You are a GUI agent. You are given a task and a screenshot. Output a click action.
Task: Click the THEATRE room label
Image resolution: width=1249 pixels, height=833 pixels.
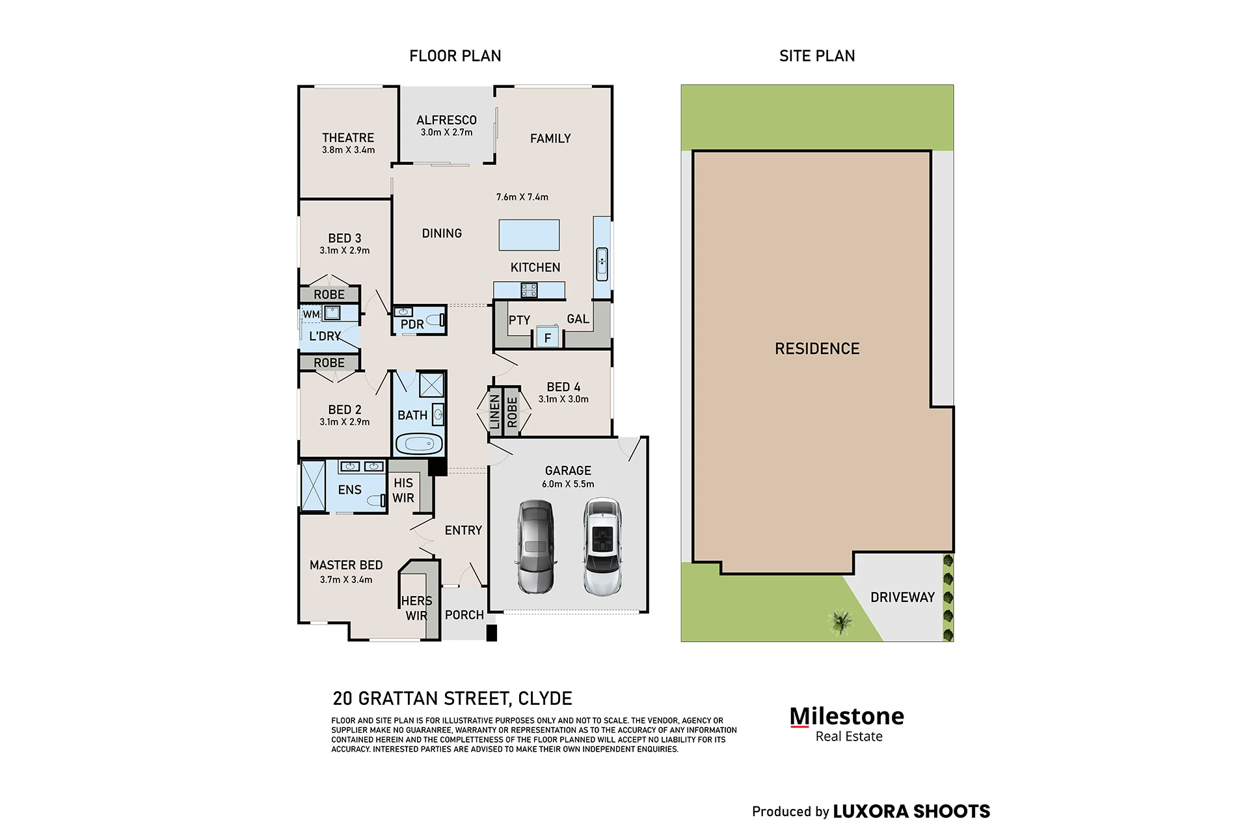[x=348, y=138]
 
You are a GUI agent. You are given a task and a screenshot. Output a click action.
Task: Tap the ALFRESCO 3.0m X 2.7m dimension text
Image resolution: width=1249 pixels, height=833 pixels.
[x=446, y=132]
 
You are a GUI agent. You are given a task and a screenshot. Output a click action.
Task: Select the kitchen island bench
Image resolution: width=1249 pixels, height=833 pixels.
[x=529, y=235]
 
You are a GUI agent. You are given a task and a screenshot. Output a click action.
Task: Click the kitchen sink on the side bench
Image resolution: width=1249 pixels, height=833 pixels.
[x=602, y=264]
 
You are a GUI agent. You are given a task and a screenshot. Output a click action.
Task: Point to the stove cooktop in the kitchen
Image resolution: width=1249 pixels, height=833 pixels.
[x=529, y=290]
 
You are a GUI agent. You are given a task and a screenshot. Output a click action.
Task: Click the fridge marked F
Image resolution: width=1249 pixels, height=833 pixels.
[x=548, y=337]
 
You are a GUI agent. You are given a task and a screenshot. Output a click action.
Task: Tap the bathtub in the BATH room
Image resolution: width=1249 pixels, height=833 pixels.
[x=419, y=444]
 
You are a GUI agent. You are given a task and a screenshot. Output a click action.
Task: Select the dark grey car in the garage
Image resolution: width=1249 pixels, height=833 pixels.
[x=536, y=547]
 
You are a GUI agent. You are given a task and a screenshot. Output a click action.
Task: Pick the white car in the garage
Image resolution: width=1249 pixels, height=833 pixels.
[x=602, y=547]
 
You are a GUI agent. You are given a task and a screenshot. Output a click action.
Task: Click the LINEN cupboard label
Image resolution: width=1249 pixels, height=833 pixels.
[x=494, y=412]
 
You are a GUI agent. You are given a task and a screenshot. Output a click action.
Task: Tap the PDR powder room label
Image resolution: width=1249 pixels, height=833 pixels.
[x=412, y=324]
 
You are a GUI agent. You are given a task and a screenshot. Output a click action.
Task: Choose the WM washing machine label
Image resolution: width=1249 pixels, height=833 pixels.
[x=311, y=314]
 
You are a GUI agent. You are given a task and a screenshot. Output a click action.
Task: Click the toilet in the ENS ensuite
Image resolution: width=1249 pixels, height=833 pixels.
[x=377, y=500]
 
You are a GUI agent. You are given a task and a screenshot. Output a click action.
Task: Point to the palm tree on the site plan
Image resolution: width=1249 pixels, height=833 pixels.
[x=841, y=621]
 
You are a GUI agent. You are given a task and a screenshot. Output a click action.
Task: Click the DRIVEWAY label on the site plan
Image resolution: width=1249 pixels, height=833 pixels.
[x=902, y=597]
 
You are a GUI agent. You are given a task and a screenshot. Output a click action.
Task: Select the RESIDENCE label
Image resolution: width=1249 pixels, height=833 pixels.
[x=817, y=349]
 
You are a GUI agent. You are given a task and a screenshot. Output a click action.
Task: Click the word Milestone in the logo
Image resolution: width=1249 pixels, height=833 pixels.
[x=846, y=716]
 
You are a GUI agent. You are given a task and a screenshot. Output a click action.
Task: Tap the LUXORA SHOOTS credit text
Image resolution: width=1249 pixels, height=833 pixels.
[x=911, y=812]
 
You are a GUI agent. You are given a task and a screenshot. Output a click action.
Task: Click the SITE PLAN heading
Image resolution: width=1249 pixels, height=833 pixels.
[x=817, y=56]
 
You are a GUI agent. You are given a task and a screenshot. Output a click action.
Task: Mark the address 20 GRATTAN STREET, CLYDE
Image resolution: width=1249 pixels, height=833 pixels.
[x=452, y=698]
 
